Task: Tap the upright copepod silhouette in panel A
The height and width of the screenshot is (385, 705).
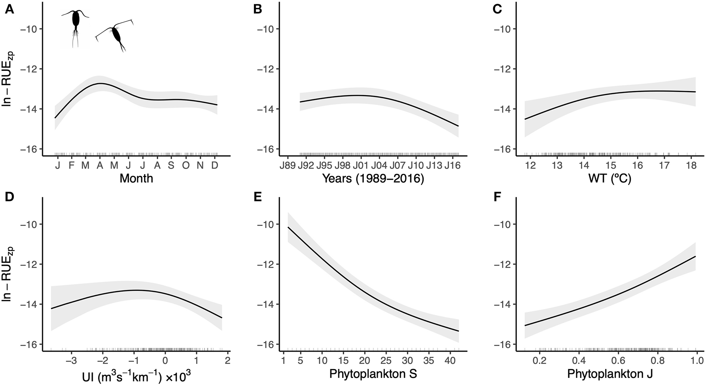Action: [x=76, y=28]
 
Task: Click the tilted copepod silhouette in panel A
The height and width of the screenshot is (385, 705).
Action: [x=116, y=36]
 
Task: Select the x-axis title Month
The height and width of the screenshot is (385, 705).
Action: [x=136, y=178]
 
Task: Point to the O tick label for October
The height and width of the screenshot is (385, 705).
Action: [x=186, y=165]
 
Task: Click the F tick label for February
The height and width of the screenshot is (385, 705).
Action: [x=72, y=165]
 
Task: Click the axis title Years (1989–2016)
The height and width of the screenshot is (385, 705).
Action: [x=373, y=179]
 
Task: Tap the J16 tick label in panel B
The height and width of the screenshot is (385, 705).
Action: [x=452, y=165]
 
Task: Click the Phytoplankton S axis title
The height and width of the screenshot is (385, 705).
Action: [x=372, y=374]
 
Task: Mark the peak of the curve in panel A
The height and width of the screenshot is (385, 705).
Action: [x=100, y=84]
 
